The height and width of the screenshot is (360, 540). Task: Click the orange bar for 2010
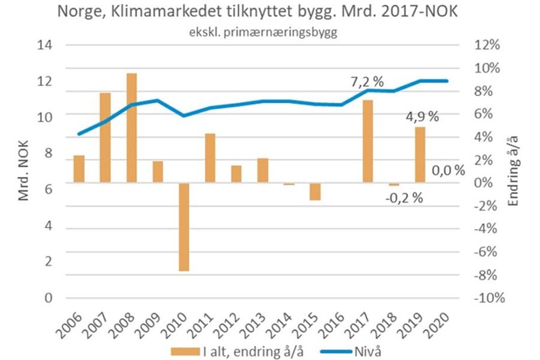(184, 227)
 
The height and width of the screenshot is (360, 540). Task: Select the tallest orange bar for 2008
(131, 128)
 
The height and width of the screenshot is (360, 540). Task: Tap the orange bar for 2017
(368, 141)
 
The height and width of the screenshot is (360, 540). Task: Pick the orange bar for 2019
(420, 155)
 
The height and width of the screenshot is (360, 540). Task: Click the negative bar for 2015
(315, 191)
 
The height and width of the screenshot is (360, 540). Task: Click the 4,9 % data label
(422, 117)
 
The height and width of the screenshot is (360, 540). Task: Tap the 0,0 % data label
(448, 171)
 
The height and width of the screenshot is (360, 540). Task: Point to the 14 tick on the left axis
(44, 45)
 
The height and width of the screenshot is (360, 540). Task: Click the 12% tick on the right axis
(486, 45)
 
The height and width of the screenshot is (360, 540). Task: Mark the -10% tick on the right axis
(487, 298)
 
